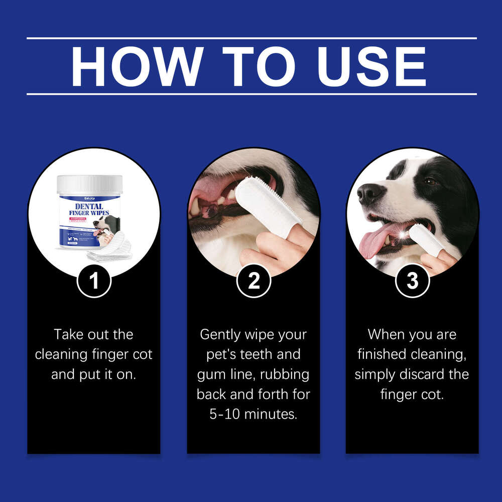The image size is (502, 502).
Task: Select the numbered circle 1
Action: point(94,281)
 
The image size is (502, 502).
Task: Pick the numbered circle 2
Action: point(254,281)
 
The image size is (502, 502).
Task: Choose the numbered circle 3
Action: point(412,281)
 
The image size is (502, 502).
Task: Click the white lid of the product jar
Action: point(90,184)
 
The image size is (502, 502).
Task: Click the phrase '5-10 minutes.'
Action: point(254,415)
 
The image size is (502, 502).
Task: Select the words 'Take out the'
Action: point(94,334)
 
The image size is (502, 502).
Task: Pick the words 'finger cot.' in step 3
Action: point(412,395)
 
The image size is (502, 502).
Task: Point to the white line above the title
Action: point(251,38)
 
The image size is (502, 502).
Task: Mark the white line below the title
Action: point(251,94)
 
